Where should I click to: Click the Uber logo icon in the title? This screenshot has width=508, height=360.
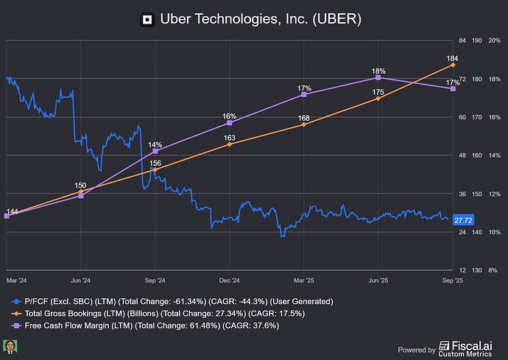pos(147,18)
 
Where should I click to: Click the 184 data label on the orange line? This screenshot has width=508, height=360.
pos(453,57)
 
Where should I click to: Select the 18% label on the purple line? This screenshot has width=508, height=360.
pos(378,71)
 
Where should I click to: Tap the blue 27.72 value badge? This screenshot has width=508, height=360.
pos(463,220)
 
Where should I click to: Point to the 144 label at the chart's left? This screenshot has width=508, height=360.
pos(12,211)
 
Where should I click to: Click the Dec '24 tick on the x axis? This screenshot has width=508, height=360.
pos(230,280)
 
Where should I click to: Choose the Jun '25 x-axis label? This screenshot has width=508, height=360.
pos(378,280)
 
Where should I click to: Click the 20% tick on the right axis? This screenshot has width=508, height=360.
pos(495,40)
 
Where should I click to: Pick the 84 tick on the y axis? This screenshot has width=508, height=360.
pos(462,40)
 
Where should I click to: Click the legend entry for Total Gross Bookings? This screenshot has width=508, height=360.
pos(162,314)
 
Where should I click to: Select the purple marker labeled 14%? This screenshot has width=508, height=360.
pos(155,152)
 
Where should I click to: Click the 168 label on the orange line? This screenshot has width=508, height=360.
pos(304,118)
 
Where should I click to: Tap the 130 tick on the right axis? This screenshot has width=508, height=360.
pos(478,270)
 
